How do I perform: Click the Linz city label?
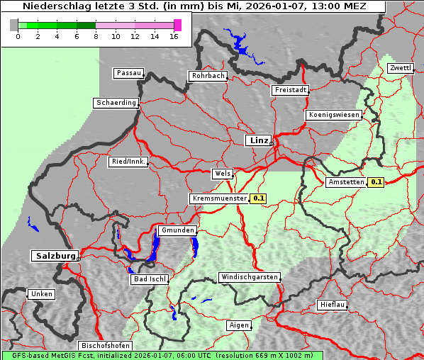(258, 140)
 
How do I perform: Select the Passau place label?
(128, 73)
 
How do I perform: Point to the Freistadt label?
(290, 90)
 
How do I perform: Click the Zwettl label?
(400, 68)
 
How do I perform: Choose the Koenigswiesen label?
(334, 115)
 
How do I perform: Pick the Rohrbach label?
(207, 76)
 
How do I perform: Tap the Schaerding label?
(116, 103)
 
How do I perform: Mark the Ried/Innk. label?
(128, 162)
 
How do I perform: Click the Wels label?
(222, 174)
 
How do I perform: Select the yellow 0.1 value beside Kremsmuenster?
(258, 198)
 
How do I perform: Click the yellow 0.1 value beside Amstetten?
(376, 182)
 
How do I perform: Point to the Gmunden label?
(177, 231)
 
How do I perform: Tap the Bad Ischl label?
(149, 279)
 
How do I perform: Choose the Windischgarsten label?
(248, 277)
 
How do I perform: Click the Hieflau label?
(333, 305)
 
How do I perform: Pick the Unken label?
(42, 294)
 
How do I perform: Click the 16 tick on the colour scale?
(174, 36)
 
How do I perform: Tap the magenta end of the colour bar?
(177, 25)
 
